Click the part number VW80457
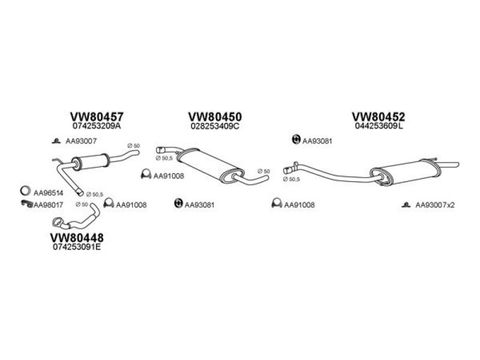[97, 116]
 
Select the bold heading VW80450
[215, 116]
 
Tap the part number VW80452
[379, 116]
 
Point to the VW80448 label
[77, 238]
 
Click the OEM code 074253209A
[97, 126]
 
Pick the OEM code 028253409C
[215, 126]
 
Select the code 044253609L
[379, 126]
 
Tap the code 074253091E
[77, 247]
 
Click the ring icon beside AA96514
[25, 191]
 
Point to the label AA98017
[48, 205]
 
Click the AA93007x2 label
[434, 205]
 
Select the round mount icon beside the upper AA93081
[296, 140]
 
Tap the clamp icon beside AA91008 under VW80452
[277, 203]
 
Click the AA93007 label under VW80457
[81, 141]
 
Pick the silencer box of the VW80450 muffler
[211, 166]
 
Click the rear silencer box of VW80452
[406, 172]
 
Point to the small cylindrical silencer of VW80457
[91, 161]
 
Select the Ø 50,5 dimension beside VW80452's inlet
[292, 179]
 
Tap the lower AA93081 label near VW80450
[199, 205]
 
